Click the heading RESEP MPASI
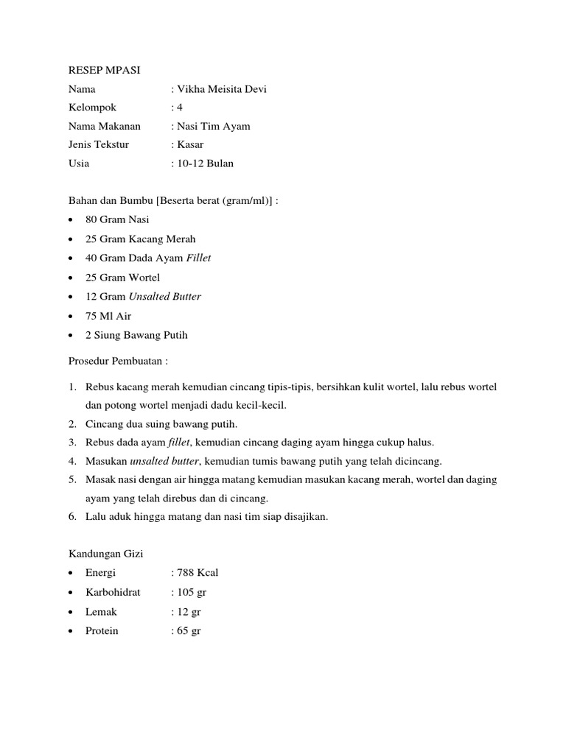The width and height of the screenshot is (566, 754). (104, 70)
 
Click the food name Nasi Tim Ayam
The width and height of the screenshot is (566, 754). (213, 126)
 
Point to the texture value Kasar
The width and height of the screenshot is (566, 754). (189, 144)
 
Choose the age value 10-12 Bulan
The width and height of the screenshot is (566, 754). (204, 163)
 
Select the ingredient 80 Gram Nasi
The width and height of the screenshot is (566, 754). (117, 219)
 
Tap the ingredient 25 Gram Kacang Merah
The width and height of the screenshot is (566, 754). (140, 239)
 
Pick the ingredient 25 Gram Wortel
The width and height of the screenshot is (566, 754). (122, 278)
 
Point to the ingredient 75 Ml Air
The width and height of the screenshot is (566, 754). (109, 316)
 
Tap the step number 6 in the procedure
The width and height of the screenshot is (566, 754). (72, 516)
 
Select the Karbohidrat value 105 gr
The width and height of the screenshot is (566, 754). (191, 592)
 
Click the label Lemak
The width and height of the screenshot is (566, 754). (101, 611)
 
